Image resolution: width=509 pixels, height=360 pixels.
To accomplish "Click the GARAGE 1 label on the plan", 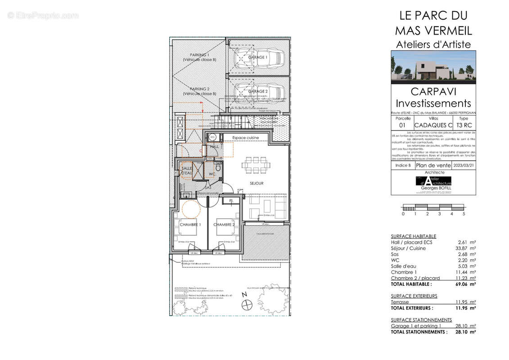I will (x=258, y=58).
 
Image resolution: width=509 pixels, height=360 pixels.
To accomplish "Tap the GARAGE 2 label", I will (x=258, y=91).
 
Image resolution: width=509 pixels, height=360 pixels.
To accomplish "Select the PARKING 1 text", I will (x=199, y=54).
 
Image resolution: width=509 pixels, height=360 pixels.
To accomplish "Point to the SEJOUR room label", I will (x=257, y=184).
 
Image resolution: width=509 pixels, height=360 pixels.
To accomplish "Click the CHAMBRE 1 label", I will (x=190, y=225).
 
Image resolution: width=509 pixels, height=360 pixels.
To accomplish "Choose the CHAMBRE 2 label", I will (x=224, y=225).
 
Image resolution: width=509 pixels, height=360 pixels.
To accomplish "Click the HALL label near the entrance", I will (x=215, y=146).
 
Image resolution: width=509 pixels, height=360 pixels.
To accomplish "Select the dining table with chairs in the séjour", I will (x=255, y=165).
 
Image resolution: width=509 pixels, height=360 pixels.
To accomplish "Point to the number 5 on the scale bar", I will (x=464, y=214).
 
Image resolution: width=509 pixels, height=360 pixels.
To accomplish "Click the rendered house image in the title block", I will (x=433, y=67).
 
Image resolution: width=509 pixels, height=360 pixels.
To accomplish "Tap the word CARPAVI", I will (x=433, y=91).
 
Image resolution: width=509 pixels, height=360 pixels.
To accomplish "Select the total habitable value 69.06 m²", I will (x=466, y=284).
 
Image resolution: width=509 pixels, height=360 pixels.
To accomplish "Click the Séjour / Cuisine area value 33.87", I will (x=466, y=248).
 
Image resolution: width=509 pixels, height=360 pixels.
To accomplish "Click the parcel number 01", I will (x=402, y=126).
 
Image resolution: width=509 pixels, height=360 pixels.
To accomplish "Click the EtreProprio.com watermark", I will (x=43, y=16).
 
